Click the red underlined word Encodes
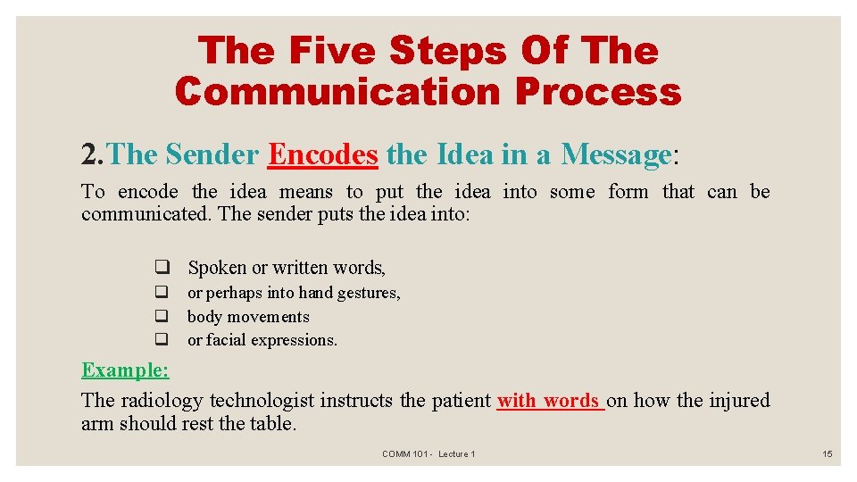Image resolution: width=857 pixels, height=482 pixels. click(323, 154)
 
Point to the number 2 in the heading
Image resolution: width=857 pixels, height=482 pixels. click(89, 154)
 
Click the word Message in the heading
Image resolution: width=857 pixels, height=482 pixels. click(616, 154)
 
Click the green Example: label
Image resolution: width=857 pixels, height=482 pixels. click(125, 370)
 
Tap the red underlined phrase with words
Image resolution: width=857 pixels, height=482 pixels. click(549, 401)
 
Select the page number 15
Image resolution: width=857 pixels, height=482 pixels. click(828, 454)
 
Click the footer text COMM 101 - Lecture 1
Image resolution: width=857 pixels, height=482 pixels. click(428, 454)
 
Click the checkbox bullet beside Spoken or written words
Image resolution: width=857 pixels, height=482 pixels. click(162, 268)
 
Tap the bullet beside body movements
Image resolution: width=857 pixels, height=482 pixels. click(162, 316)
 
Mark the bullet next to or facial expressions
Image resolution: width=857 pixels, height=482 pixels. click(162, 339)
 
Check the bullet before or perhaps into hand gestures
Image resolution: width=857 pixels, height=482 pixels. click(162, 292)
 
